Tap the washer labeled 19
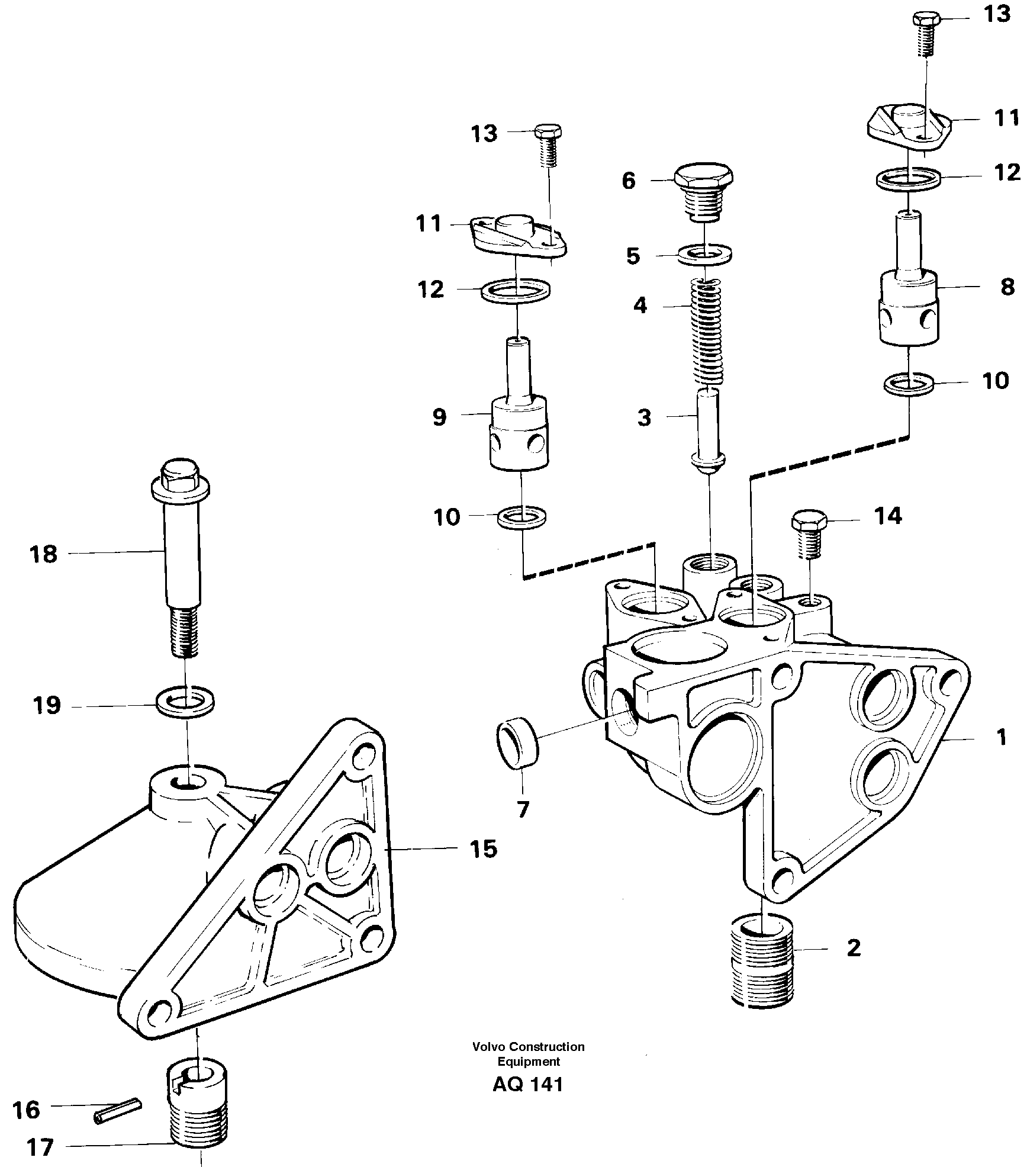pyautogui.click(x=185, y=703)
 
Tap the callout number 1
pyautogui.click(x=1000, y=738)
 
